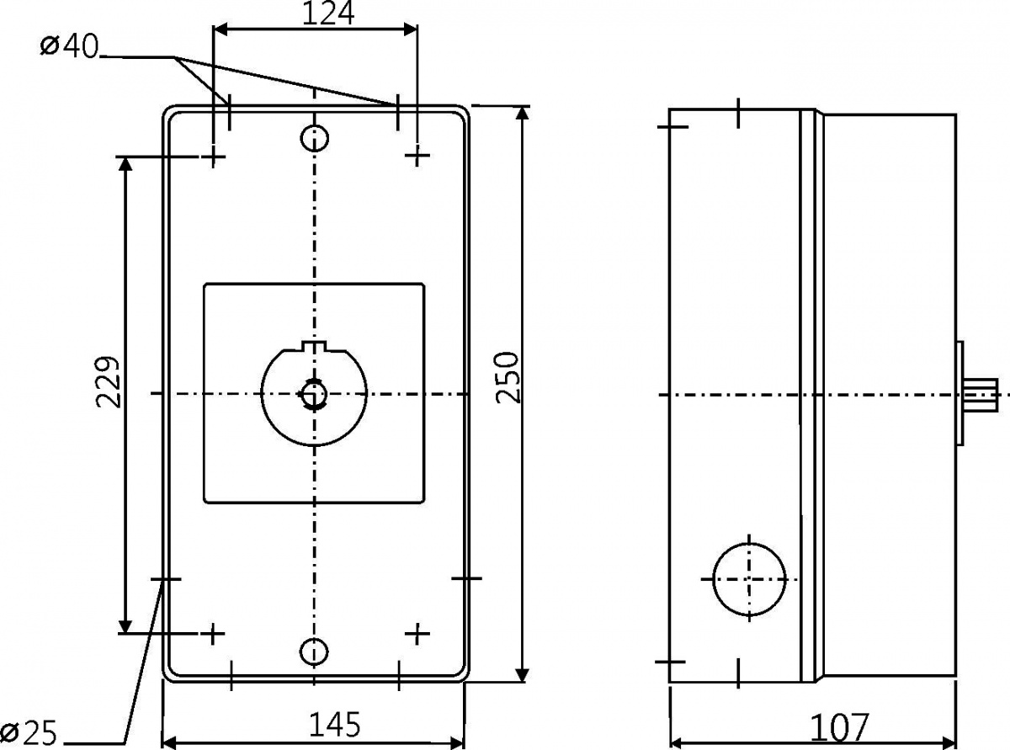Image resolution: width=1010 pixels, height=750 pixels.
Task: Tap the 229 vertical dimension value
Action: [x=108, y=382]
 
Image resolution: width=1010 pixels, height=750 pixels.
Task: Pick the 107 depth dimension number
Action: [x=838, y=726]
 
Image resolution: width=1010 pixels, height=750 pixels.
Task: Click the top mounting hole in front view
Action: [x=315, y=136]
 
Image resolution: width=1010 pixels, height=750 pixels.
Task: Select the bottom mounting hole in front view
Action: [x=314, y=651]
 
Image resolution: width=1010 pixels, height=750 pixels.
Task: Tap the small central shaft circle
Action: [x=314, y=393]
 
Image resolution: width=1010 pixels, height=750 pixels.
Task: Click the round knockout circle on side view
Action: [x=749, y=578]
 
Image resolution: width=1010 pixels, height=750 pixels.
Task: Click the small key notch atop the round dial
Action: [x=313, y=347]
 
